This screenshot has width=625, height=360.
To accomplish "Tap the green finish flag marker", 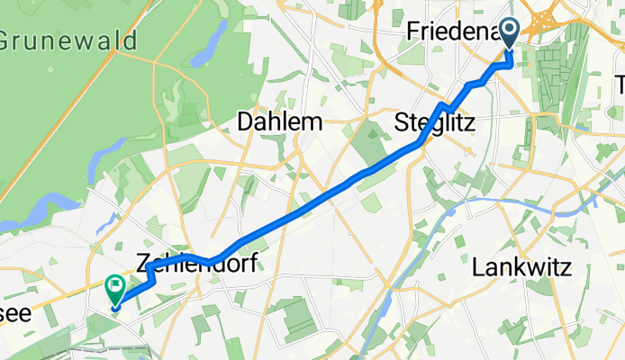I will click(x=115, y=288).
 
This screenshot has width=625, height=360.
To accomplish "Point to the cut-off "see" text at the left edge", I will click(x=16, y=312).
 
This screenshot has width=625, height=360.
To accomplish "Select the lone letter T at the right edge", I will click(x=619, y=85).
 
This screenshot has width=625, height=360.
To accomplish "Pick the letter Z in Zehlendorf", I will click(x=144, y=263).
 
